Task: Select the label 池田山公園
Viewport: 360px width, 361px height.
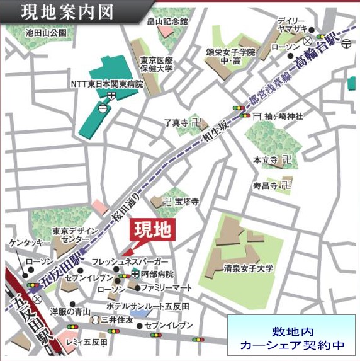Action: [x=45, y=32]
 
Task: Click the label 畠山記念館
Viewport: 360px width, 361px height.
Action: [x=167, y=21]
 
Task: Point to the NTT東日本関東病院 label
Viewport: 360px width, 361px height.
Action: [x=106, y=83]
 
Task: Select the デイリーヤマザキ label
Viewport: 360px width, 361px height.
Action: [x=296, y=25]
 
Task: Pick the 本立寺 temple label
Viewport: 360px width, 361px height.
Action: [x=266, y=160]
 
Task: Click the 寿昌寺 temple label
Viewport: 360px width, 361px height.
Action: [x=266, y=185]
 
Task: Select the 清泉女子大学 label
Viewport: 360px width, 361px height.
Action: [x=249, y=268]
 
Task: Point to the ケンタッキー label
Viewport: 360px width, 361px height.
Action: [x=28, y=243]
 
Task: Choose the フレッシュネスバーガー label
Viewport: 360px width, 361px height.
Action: [x=130, y=261]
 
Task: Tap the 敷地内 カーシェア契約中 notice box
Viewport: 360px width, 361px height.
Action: [x=293, y=338]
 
